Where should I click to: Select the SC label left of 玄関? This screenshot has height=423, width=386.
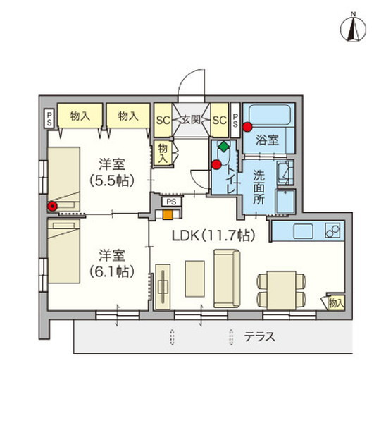(x=162, y=120)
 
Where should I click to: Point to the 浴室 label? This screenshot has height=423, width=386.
(x=268, y=140)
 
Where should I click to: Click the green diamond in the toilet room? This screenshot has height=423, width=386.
(x=223, y=147)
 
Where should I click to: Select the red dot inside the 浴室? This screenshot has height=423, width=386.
(x=247, y=127)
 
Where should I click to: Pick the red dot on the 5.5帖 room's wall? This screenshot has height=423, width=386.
(x=51, y=207)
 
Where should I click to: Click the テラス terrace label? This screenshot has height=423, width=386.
(x=259, y=336)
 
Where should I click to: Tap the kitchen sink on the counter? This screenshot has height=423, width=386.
(x=301, y=231)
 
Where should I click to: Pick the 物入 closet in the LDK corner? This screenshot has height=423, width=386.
(x=336, y=302)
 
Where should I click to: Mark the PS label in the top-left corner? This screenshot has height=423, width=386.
(x=49, y=118)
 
